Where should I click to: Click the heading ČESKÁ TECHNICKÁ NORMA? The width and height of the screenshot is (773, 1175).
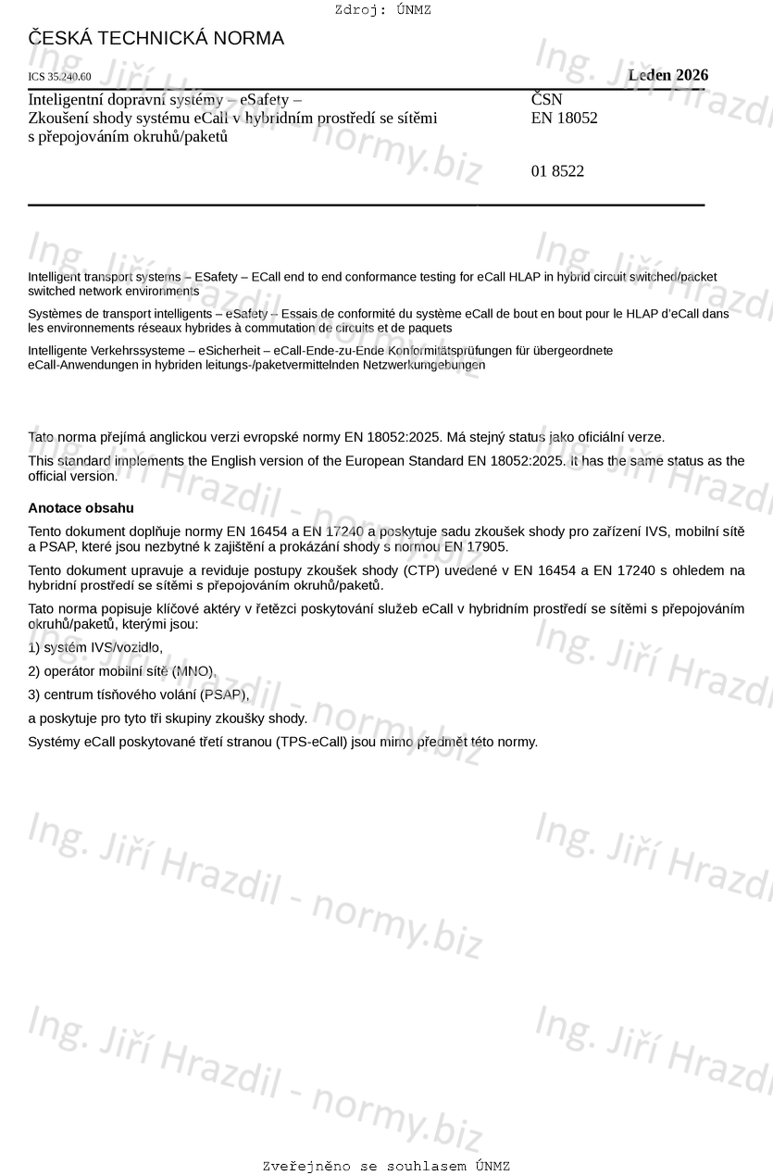click(x=156, y=39)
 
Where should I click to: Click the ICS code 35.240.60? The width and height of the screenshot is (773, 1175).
click(x=59, y=77)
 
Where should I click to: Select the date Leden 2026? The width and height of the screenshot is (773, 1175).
click(x=667, y=75)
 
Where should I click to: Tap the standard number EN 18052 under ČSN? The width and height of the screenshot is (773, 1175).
click(x=564, y=118)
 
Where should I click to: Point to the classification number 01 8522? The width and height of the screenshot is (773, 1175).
click(x=557, y=171)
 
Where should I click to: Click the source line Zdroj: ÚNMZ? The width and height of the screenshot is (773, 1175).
click(x=382, y=10)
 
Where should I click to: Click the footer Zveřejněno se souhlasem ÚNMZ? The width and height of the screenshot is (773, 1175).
click(x=386, y=1167)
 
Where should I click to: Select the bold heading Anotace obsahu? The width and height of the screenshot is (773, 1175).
click(x=81, y=508)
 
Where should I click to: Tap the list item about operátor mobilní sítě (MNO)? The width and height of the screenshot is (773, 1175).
click(x=121, y=671)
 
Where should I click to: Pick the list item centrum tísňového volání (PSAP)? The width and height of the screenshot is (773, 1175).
click(x=139, y=694)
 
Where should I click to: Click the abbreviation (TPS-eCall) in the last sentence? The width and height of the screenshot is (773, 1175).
click(x=311, y=742)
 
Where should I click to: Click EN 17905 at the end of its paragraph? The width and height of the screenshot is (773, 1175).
click(x=476, y=546)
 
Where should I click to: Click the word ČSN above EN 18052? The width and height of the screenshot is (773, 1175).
click(x=546, y=100)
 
